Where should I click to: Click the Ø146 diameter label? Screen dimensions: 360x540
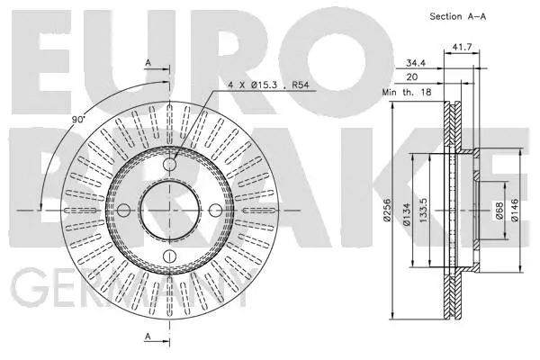[x=515, y=210]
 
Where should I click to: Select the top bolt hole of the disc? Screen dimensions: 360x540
[x=171, y=166]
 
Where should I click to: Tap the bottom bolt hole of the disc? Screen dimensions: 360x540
[x=171, y=257]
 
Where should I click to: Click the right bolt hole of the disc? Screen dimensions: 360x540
[x=216, y=211]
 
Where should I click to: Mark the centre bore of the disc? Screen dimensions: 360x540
[x=171, y=211]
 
